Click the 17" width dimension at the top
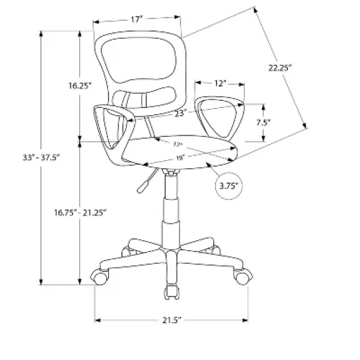point(135,20)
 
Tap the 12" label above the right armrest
point(220,83)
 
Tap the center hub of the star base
point(170,254)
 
